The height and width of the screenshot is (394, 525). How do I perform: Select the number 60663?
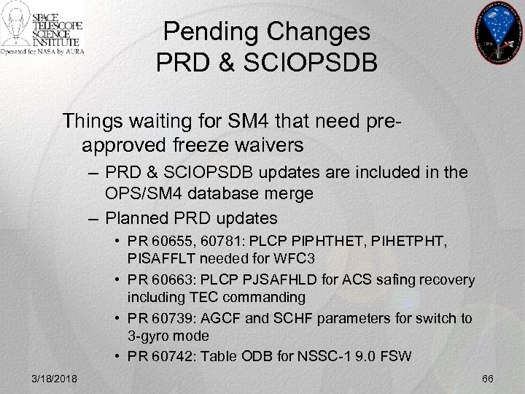coord(167,280)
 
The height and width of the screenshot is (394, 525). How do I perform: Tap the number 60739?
coord(167,319)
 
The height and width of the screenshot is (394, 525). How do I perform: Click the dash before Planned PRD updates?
coord(91,217)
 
